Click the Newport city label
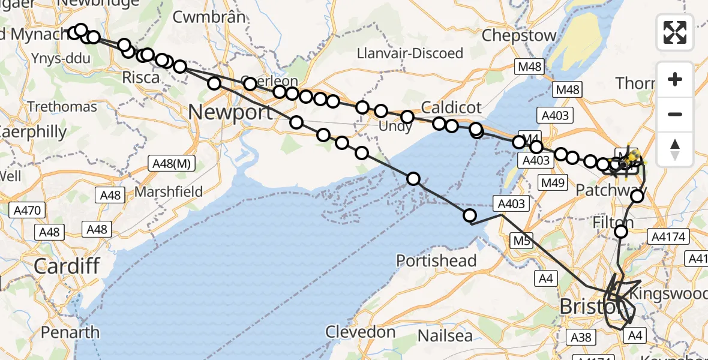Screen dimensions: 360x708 [230, 112]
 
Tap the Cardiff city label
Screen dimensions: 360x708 [66, 265]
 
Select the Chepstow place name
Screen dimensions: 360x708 [519, 35]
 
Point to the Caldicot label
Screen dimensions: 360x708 [451, 108]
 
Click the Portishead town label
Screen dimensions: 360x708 [436, 261]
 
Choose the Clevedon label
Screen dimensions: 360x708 [361, 332]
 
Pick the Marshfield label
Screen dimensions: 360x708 [169, 192]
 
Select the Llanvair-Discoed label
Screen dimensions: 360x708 [410, 53]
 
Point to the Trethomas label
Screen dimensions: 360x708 [62, 107]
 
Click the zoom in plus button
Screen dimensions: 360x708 [675, 79]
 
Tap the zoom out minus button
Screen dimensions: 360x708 [675, 114]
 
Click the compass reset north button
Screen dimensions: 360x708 [675, 149]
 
